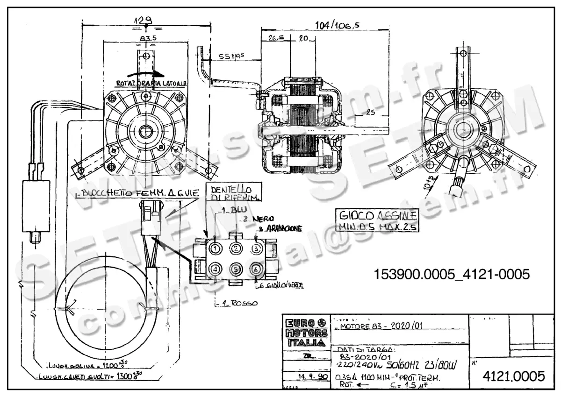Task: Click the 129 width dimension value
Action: pos(144,20)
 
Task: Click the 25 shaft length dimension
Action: pos(370,112)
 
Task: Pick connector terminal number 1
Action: pos(215,248)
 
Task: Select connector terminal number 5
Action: pos(236,269)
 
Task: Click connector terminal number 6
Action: pos(255,269)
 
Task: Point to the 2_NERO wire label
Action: pos(255,219)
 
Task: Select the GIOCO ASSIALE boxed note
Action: pos(377,220)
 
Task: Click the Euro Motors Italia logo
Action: pos(306,333)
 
